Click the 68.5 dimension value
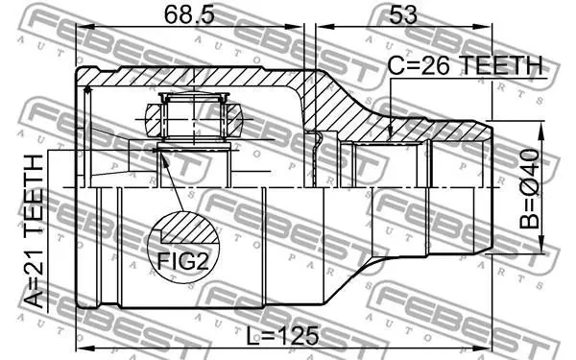(x=189, y=14)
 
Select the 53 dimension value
(x=403, y=15)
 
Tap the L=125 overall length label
(x=282, y=336)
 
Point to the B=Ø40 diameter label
(x=529, y=188)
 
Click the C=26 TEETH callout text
(x=466, y=65)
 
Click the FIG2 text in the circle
(x=183, y=261)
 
